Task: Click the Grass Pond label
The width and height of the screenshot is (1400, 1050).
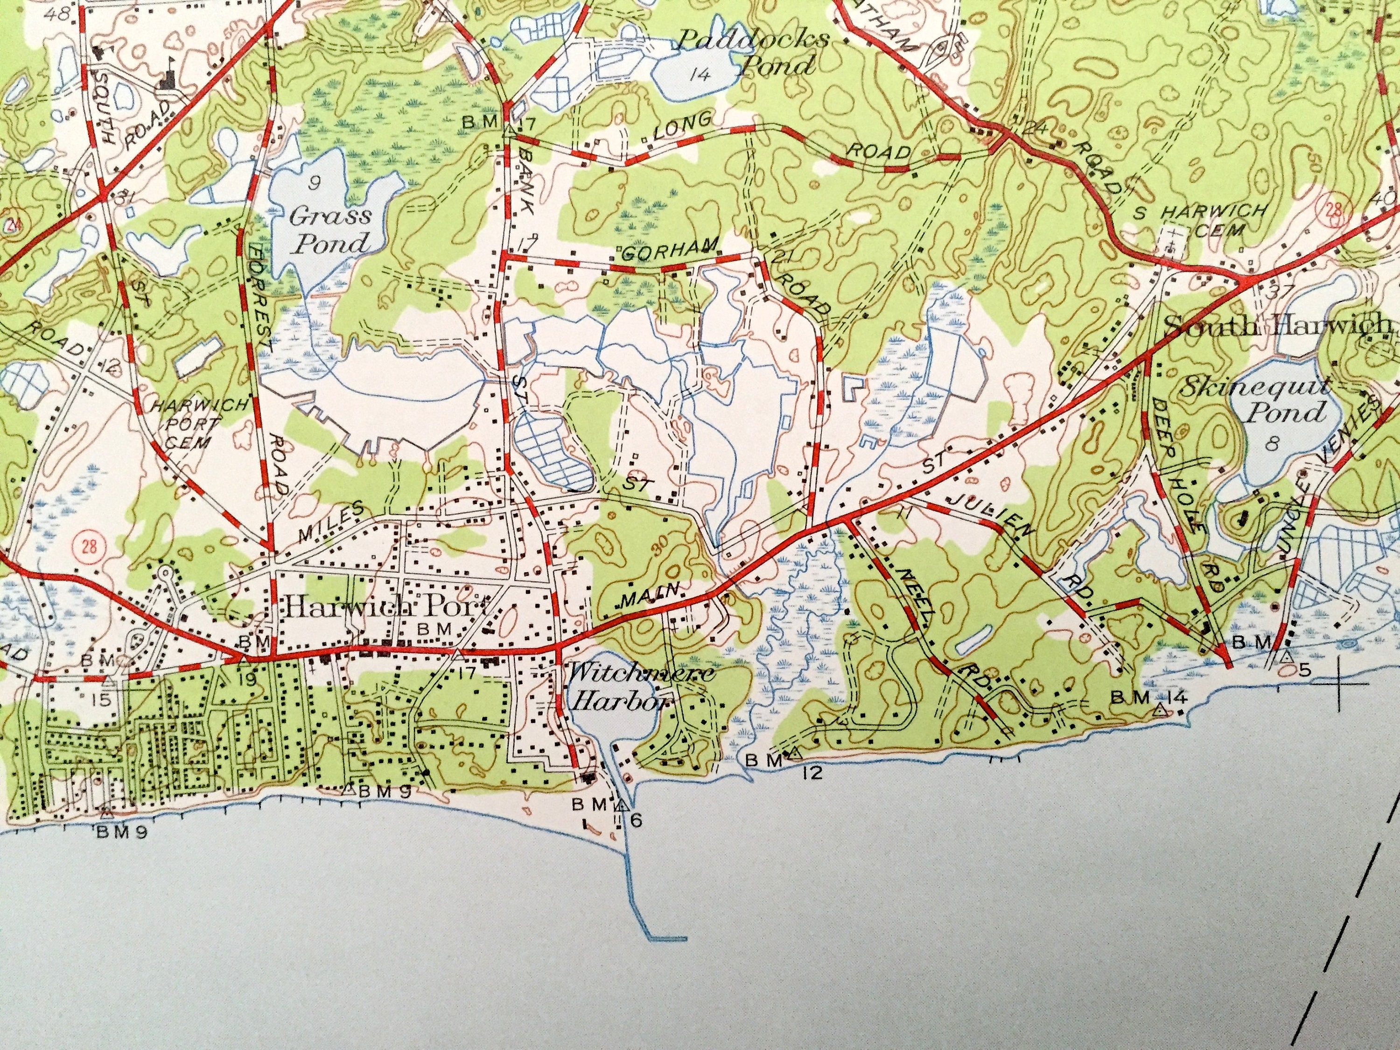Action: (329, 229)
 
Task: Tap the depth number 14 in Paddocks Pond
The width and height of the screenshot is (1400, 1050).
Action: (700, 75)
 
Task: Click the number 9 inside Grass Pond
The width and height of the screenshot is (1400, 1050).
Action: (313, 183)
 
